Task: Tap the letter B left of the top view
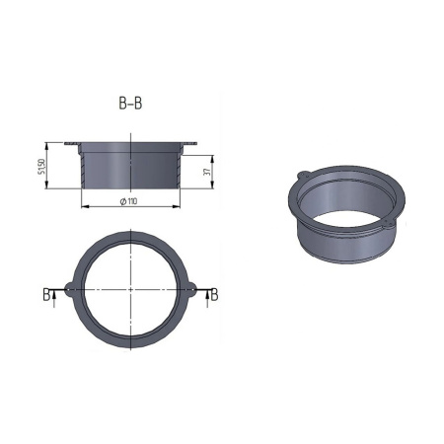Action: pos(47,294)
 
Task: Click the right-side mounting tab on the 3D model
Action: pos(393,228)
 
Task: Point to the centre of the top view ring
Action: pos(130,289)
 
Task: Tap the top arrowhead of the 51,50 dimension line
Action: pos(51,146)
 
